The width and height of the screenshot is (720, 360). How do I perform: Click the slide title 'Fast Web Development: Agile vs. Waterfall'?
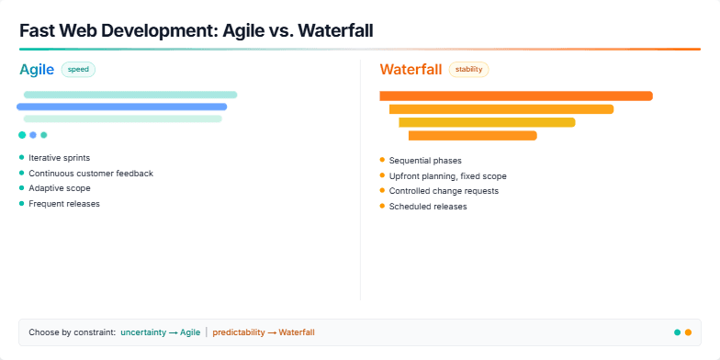point(196,30)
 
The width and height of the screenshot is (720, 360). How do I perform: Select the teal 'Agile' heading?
point(37,69)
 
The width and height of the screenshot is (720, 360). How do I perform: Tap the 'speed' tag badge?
point(78,69)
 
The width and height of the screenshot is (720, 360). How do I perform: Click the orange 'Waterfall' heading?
point(411,69)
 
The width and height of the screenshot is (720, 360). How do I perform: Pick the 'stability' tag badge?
point(468,69)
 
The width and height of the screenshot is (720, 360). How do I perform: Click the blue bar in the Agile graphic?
point(121,107)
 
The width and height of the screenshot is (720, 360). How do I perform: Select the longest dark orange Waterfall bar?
point(515,96)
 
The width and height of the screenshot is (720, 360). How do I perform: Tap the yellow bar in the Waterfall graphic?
point(487,122)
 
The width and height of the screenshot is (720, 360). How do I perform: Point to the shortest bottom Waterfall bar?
point(472,136)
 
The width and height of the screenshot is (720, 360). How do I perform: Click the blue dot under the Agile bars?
point(33,135)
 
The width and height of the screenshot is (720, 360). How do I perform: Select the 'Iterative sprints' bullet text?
point(59,158)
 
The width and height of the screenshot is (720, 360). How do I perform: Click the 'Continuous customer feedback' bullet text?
point(90,173)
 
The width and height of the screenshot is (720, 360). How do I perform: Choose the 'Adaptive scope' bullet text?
point(59,188)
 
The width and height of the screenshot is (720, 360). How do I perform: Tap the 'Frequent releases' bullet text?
point(63,204)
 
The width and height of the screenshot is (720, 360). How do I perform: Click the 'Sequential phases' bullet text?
point(424,161)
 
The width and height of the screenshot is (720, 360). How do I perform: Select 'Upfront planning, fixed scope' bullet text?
point(447,176)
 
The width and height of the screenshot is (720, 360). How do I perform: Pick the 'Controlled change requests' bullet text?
point(444,191)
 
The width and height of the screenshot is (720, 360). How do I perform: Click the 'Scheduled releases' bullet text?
point(427,207)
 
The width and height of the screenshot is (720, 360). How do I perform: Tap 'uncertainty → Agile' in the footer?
point(160,332)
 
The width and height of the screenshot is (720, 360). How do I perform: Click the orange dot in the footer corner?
point(688,332)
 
